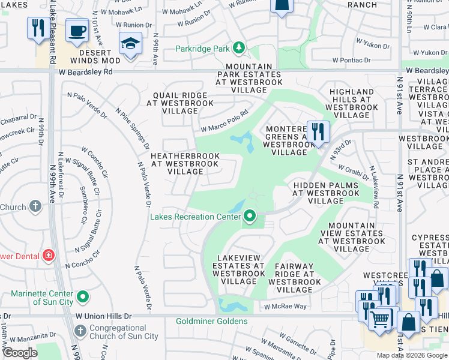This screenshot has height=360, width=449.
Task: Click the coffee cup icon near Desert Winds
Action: [x=76, y=31]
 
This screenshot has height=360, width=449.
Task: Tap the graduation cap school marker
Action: [x=130, y=44]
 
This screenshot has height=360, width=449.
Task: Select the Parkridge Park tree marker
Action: [x=239, y=47]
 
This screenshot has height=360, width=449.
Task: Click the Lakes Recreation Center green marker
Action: [x=249, y=217]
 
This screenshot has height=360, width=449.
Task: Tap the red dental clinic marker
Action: [x=49, y=256]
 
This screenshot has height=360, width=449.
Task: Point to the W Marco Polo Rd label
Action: [x=224, y=121]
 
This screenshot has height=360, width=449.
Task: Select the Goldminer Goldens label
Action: [x=211, y=321]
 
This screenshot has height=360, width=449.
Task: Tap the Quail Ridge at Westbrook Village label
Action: [x=180, y=103]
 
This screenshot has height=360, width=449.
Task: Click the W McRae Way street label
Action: [x=286, y=307]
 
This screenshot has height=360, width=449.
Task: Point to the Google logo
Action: [x=20, y=353]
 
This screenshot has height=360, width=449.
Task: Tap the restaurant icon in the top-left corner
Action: [x=37, y=28]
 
